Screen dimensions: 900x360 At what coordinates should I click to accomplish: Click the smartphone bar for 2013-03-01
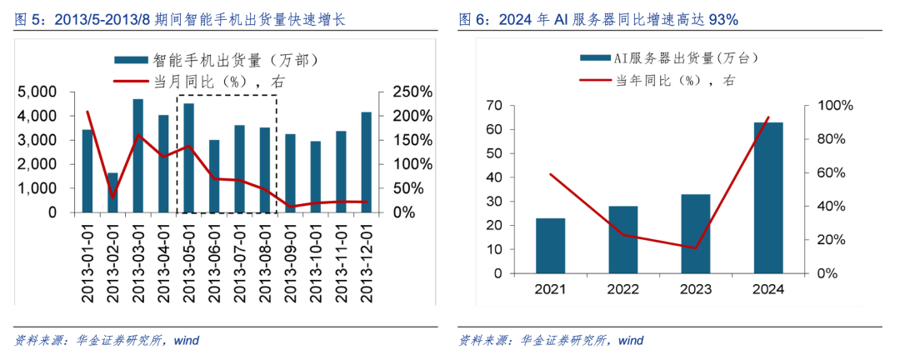click(137, 156)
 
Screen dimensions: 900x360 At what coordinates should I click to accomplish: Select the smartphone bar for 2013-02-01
click(112, 192)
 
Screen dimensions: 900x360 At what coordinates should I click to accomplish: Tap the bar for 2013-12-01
click(366, 162)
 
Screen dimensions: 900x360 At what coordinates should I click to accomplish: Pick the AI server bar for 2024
click(768, 198)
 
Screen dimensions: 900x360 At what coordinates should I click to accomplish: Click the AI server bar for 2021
click(551, 246)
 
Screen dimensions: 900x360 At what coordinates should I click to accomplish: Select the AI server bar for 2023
click(696, 234)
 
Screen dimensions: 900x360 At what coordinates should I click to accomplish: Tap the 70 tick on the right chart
click(494, 106)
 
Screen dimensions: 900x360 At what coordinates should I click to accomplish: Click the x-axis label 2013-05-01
click(189, 261)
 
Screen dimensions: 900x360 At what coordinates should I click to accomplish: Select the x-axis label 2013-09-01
click(291, 261)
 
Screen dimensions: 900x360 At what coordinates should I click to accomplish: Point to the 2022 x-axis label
click(622, 289)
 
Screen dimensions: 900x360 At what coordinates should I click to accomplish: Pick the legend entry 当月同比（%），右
click(199, 81)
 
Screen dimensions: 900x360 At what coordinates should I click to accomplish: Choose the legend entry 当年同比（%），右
click(658, 80)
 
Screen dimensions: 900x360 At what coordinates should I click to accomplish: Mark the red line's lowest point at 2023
click(696, 248)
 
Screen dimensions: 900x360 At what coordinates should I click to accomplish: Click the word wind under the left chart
click(186, 341)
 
